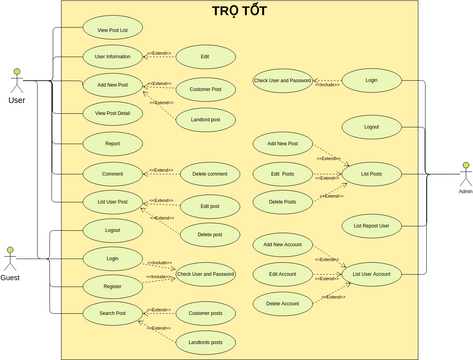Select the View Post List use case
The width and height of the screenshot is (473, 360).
pos(112,30)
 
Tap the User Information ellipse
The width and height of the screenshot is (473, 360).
pos(112,56)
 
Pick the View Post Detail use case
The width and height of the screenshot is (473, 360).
pos(112,114)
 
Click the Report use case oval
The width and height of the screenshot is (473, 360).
pos(112,144)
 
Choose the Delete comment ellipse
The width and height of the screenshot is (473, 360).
pos(210,174)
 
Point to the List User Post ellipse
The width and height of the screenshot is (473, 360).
pos(112,203)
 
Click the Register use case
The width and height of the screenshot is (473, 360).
pos(112,287)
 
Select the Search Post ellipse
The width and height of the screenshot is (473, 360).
pos(112,314)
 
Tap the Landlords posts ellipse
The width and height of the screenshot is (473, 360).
pos(205,343)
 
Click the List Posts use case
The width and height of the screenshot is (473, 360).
pos(371,174)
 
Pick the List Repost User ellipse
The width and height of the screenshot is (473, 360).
pos(371,226)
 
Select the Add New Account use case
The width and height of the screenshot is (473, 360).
pos(282,245)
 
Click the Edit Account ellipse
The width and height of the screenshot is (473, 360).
pos(282,273)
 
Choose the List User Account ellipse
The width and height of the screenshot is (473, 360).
pos(371,273)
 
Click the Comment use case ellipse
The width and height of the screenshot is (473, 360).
pos(112,174)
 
